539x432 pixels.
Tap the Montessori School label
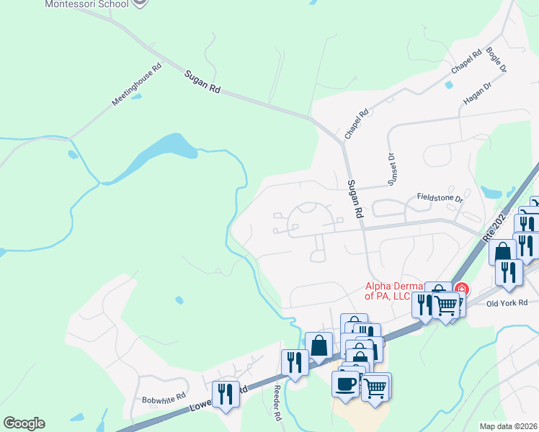click(86, 4)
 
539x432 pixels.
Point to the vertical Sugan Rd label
click(353, 199)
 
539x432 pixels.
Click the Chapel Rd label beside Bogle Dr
click(465, 62)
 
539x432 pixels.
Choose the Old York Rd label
click(507, 303)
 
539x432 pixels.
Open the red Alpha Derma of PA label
click(397, 292)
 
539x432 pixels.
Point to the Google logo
click(24, 423)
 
